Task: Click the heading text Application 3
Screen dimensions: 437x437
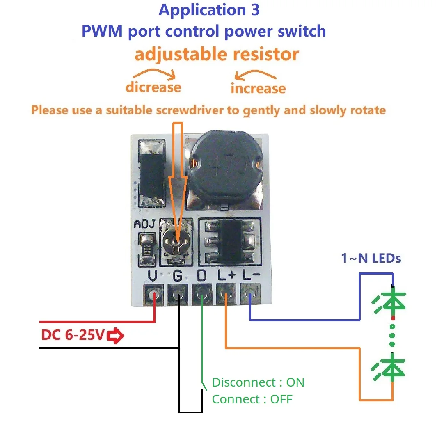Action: pyautogui.click(x=209, y=10)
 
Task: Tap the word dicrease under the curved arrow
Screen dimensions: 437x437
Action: pyautogui.click(x=153, y=87)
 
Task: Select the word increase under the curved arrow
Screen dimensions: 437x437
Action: pyautogui.click(x=258, y=88)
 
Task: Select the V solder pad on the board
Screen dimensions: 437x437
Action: pyautogui.click(x=153, y=295)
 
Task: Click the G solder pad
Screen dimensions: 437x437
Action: pyautogui.click(x=178, y=295)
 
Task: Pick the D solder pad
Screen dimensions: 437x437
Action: pyautogui.click(x=202, y=295)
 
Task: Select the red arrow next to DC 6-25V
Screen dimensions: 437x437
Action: pyautogui.click(x=116, y=336)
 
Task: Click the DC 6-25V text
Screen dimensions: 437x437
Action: pyautogui.click(x=73, y=336)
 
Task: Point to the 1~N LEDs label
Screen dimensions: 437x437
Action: pyautogui.click(x=371, y=258)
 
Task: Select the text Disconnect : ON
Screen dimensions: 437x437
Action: pyautogui.click(x=258, y=382)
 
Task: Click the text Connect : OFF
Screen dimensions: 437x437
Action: pyautogui.click(x=252, y=399)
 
